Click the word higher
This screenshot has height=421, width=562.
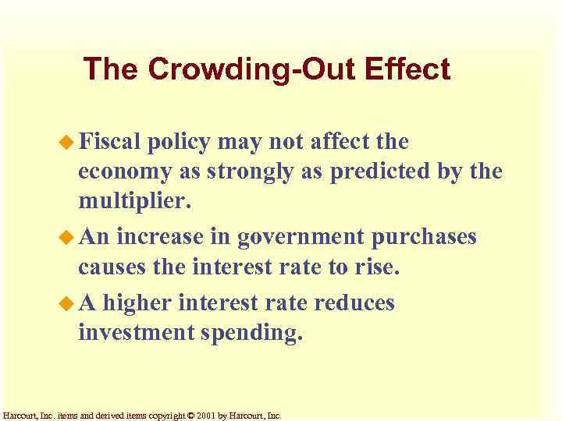click(137, 301)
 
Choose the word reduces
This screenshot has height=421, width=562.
click(355, 301)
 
